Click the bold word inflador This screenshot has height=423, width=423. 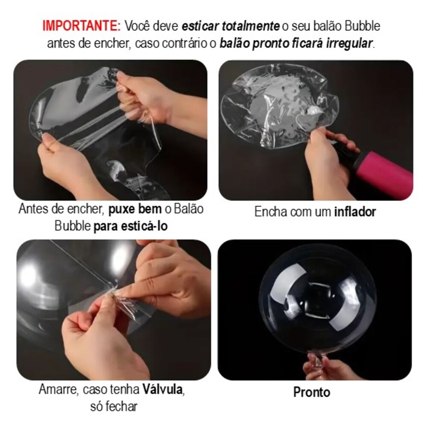(355, 211)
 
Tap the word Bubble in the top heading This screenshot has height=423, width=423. (363, 26)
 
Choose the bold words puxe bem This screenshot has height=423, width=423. (135, 209)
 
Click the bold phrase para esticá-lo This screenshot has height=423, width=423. (130, 226)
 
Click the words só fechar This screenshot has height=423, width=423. (114, 406)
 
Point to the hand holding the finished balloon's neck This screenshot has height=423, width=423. (328, 368)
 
